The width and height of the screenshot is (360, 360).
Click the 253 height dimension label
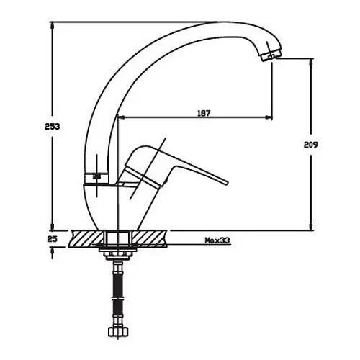53,127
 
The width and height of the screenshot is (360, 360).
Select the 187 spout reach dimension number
204,113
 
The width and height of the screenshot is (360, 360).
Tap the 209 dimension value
311,145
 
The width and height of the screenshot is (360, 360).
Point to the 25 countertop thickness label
53,239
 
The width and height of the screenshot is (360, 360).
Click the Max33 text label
217,240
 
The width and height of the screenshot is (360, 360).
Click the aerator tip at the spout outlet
269,55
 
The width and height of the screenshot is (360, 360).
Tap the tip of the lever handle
227,184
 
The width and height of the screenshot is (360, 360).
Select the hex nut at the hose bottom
118,332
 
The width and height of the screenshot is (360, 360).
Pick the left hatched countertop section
87,239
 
